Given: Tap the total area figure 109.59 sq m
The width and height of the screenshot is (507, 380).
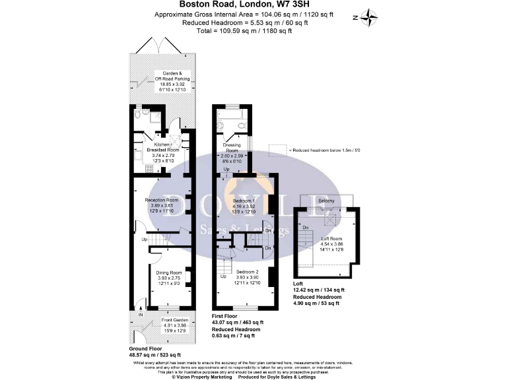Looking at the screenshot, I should point(247,30).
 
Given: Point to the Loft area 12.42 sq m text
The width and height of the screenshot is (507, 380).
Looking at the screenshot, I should point(319,290).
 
